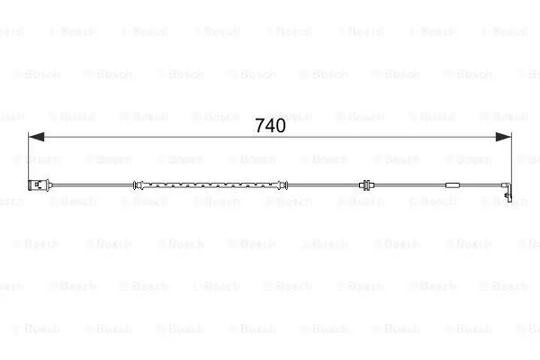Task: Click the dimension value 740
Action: [270, 126]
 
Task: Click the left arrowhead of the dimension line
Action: [36, 137]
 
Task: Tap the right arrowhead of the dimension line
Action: [503, 137]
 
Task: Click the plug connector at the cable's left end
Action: [40, 185]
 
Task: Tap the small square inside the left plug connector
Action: [37, 185]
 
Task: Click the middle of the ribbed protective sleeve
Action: [210, 185]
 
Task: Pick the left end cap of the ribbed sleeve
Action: [138, 185]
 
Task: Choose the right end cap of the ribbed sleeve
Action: [283, 185]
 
